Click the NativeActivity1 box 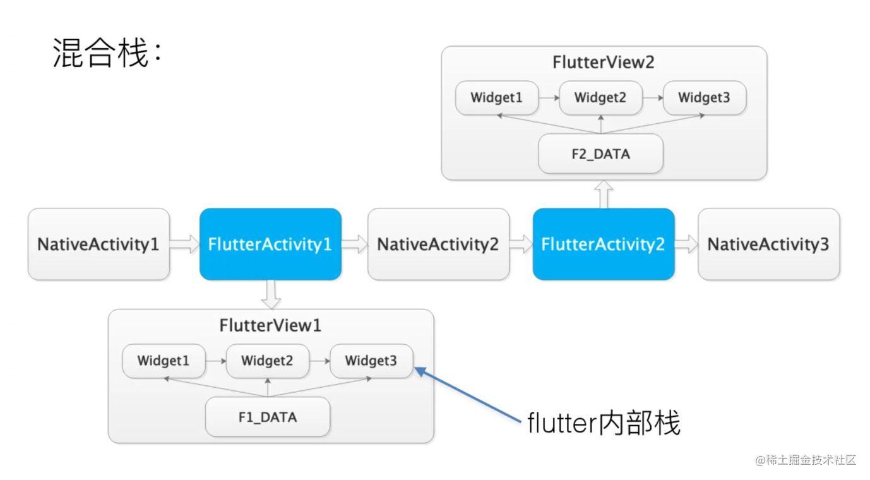(x=98, y=244)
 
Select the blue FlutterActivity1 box (x=270, y=244)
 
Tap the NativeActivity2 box (x=438, y=244)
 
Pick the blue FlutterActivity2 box (x=604, y=244)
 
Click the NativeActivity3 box (x=768, y=244)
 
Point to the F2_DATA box (x=600, y=153)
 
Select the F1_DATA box (x=268, y=417)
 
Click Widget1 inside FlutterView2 (x=497, y=98)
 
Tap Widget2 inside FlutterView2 (x=600, y=98)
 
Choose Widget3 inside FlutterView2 (x=704, y=98)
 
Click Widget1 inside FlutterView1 (x=164, y=361)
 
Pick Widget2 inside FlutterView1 (x=268, y=361)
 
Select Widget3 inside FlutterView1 (x=371, y=361)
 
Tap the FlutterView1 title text (x=270, y=326)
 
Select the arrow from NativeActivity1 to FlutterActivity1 (x=184, y=244)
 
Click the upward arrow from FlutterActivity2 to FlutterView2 (x=604, y=194)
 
